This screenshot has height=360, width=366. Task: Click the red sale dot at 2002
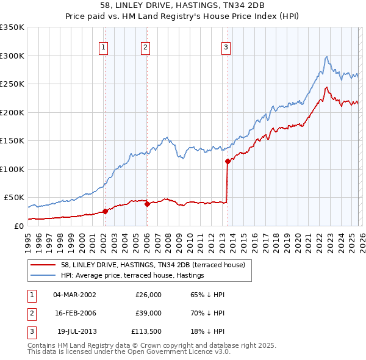click(x=105, y=211)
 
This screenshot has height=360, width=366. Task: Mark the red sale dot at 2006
click(x=147, y=204)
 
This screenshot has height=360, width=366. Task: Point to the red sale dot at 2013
click(x=228, y=162)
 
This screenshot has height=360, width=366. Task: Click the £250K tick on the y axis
click(x=12, y=84)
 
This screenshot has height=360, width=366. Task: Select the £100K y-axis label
click(x=12, y=169)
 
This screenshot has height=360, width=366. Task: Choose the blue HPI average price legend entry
click(x=132, y=276)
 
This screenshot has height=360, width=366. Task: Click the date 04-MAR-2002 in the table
click(x=74, y=295)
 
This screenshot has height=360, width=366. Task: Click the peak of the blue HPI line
click(x=327, y=57)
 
